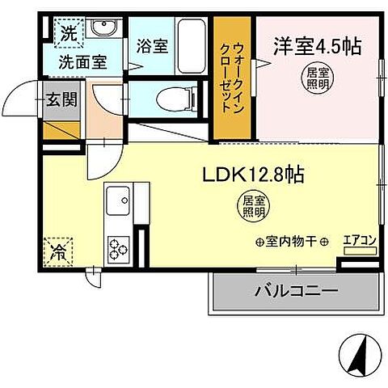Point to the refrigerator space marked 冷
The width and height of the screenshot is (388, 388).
point(60,251)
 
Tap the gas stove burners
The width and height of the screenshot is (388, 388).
point(119,244)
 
